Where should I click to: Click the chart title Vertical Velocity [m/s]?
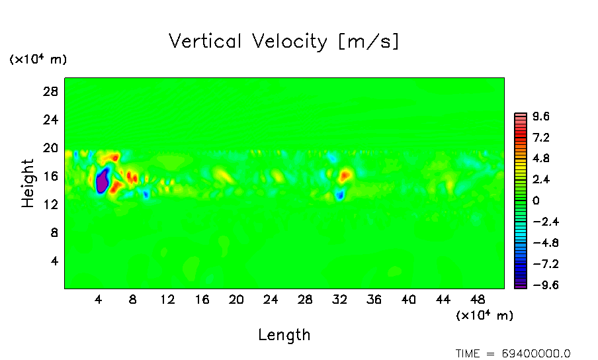tap(284, 42)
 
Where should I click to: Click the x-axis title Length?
tap(284, 335)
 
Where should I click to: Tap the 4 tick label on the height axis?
tap(55, 261)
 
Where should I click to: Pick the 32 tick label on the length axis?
tap(339, 299)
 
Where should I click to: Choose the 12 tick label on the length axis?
tap(167, 299)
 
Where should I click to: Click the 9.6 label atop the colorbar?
tap(542, 116)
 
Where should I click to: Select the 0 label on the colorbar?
tap(536, 201)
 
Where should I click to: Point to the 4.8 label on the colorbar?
tap(542, 159)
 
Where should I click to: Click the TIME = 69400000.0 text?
tap(513, 353)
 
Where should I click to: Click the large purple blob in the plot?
tap(102, 181)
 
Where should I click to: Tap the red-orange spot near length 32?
tap(345, 175)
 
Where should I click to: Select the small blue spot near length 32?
tap(339, 195)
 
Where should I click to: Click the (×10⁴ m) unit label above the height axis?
tap(38, 60)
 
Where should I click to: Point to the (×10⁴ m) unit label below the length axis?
tap(484, 316)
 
